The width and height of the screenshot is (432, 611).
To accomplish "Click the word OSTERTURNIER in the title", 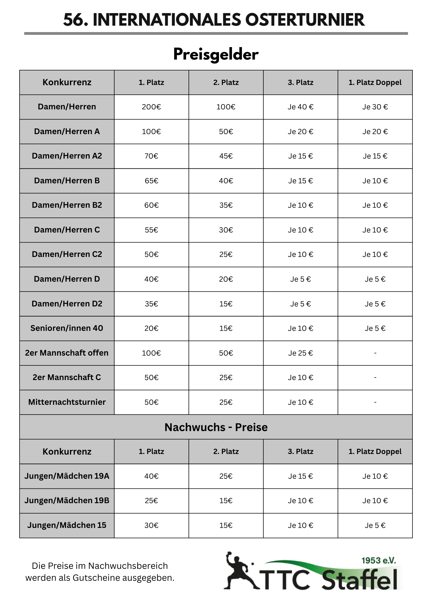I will (x=305, y=20).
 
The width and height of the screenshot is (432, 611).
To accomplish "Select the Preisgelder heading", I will (x=216, y=55).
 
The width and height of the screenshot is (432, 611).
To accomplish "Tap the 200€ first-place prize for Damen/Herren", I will (x=151, y=107).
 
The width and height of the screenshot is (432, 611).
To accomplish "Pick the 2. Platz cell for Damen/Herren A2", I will (x=226, y=156).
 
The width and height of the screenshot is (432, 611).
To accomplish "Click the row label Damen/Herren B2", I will (x=67, y=205).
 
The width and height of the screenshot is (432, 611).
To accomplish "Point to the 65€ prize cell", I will (x=151, y=181).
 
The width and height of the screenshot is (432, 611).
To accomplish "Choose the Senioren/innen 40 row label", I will (x=67, y=328).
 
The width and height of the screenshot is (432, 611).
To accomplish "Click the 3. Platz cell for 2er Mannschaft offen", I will (x=300, y=353).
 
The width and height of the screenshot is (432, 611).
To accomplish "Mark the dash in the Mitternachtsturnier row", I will (x=375, y=402).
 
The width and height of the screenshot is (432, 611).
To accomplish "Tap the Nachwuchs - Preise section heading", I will (x=216, y=427).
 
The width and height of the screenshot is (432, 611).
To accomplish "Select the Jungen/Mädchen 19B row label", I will (x=67, y=501).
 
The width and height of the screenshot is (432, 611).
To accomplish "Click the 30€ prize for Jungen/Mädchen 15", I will (x=151, y=525).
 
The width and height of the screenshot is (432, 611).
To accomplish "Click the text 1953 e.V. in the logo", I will (x=378, y=561).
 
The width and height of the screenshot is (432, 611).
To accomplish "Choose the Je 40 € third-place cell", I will (x=300, y=107).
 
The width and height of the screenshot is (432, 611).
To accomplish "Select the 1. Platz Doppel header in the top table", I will (x=375, y=82).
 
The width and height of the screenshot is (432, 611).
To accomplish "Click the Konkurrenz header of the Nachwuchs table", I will (x=67, y=452).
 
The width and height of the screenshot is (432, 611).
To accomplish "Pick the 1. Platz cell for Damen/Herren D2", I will (x=151, y=304).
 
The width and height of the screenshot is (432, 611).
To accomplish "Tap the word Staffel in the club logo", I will (x=360, y=579).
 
